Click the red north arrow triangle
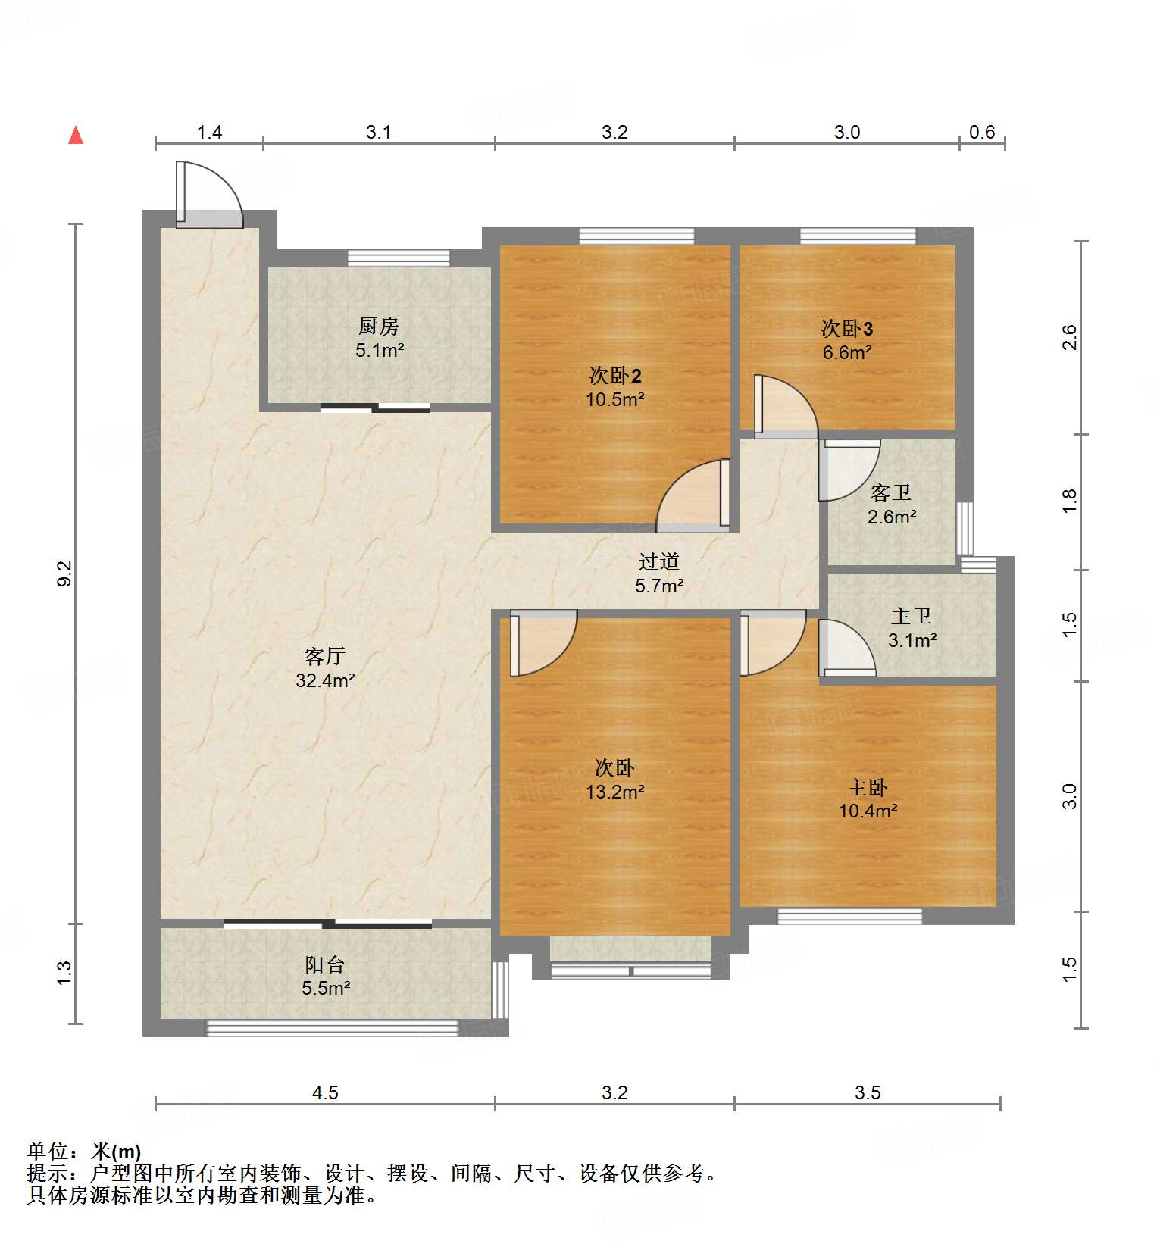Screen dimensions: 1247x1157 tap(76, 136)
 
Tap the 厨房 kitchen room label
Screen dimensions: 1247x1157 tap(379, 327)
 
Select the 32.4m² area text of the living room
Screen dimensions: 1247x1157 tap(325, 680)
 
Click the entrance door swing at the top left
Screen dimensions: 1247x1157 tap(208, 195)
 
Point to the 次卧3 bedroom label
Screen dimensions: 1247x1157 tap(847, 329)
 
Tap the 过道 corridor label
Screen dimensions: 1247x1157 tap(658, 561)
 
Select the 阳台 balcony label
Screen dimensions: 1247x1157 tap(325, 964)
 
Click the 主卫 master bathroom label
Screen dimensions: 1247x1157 tap(912, 617)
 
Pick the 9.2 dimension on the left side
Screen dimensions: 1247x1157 tap(64, 573)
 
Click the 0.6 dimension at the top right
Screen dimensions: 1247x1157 tap(982, 133)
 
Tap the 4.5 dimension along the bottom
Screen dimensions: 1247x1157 tap(325, 1092)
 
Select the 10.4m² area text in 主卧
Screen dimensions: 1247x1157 tap(868, 811)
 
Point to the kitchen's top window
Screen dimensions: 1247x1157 tap(399, 258)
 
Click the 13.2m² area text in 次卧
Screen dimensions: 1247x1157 tap(614, 792)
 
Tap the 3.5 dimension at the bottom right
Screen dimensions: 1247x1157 tap(868, 1092)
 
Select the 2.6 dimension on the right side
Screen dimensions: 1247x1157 tap(1069, 337)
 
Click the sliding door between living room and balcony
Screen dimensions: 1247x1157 tap(327, 924)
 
